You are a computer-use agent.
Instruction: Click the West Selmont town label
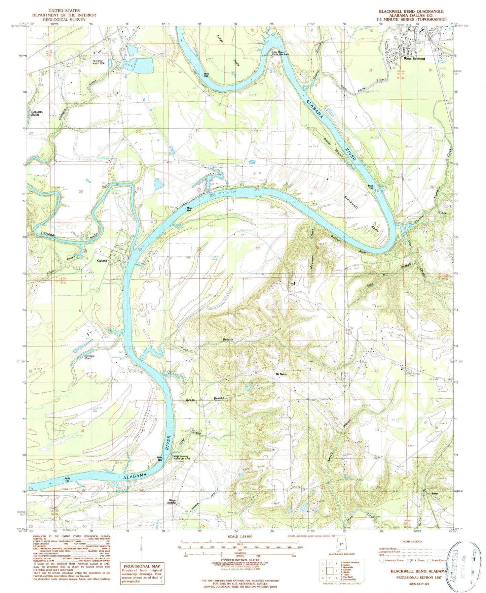(x=414, y=59)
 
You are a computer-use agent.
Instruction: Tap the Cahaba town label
(x=102, y=261)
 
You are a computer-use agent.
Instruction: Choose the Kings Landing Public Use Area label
(x=182, y=458)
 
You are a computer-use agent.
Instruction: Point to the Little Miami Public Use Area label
(x=281, y=53)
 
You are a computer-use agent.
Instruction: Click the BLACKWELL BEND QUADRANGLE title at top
(x=411, y=11)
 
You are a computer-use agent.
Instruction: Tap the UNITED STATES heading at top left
(x=64, y=11)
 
